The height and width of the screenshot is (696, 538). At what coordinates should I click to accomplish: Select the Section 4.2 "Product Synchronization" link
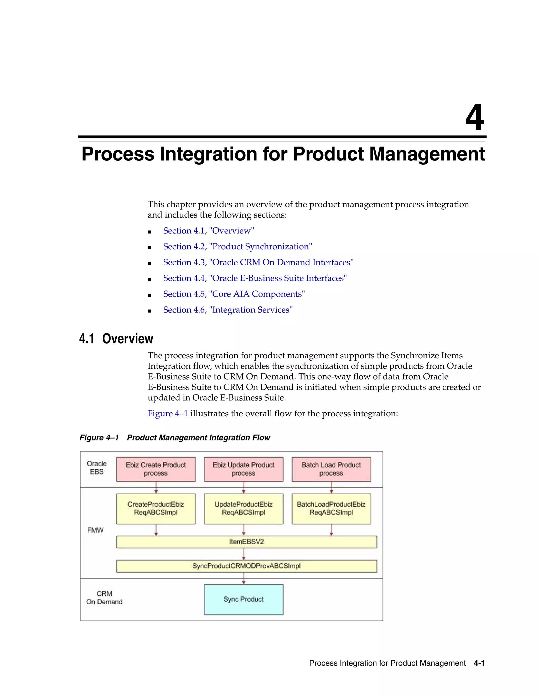click(237, 247)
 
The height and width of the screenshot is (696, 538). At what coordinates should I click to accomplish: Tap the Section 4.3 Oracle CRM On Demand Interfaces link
click(258, 262)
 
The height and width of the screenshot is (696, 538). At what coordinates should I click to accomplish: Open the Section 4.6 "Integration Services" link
click(227, 310)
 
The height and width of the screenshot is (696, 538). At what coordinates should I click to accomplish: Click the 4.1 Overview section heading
click(116, 339)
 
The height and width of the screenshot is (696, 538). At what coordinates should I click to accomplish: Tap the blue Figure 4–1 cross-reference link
click(168, 414)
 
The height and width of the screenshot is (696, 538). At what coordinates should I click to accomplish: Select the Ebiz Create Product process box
click(156, 469)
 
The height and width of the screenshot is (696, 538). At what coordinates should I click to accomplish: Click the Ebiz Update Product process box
click(244, 469)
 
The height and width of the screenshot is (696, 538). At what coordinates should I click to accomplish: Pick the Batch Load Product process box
click(331, 469)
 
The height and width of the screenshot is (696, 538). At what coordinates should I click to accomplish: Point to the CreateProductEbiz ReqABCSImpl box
click(156, 509)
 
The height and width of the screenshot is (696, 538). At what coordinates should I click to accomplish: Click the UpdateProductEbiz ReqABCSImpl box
click(244, 509)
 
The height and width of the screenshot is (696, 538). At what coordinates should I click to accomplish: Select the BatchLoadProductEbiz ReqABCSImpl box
click(331, 509)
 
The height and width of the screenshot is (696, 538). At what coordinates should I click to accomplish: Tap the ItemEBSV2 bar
click(246, 542)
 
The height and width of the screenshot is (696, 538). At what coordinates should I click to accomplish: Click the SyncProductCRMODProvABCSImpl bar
click(246, 566)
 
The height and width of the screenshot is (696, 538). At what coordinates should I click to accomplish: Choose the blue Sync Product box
click(244, 599)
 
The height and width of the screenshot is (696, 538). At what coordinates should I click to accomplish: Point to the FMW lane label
click(95, 530)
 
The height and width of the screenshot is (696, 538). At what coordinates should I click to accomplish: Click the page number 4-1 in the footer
click(479, 663)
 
